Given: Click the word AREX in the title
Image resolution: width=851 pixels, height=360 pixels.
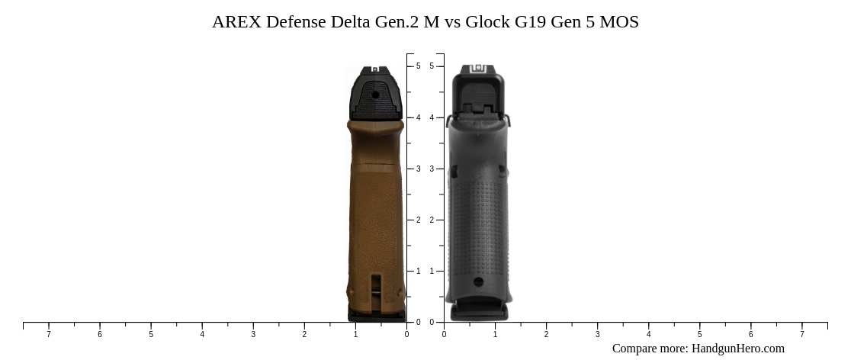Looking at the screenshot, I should (236, 22).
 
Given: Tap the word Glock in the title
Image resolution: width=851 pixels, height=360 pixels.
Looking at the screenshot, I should (487, 22).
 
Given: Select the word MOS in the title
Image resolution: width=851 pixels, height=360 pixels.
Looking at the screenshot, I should (619, 22).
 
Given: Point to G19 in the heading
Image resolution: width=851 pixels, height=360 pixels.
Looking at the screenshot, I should (531, 22).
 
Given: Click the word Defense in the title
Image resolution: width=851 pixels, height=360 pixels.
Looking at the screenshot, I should (295, 22).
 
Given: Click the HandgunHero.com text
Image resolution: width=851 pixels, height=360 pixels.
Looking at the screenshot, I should (737, 349).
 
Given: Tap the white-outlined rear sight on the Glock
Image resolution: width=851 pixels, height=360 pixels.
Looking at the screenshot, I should (478, 69).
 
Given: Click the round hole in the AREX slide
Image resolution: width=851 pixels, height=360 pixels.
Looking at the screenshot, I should (375, 95).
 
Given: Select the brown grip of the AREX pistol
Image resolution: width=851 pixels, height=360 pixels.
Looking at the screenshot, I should (375, 214).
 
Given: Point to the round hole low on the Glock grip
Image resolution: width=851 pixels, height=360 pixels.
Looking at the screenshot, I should (478, 281).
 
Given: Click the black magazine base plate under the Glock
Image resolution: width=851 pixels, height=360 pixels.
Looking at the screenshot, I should (479, 312).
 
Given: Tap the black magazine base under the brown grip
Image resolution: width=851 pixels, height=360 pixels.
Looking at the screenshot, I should (375, 313).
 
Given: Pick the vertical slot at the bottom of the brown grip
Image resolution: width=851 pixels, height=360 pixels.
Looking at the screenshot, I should (375, 292).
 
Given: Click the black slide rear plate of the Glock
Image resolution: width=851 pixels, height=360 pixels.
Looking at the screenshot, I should (478, 95).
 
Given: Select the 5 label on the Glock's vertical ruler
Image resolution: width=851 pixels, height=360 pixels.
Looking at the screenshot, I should (432, 66).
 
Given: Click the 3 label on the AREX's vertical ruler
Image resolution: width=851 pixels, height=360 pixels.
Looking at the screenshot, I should (418, 169).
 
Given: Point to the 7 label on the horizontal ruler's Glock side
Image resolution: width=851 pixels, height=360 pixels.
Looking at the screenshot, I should (801, 334).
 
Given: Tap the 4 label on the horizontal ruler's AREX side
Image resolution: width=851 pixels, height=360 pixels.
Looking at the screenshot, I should (202, 334).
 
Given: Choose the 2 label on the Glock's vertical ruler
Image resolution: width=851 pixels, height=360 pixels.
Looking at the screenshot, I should (432, 220).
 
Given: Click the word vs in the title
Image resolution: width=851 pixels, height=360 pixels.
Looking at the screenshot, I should (452, 22).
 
